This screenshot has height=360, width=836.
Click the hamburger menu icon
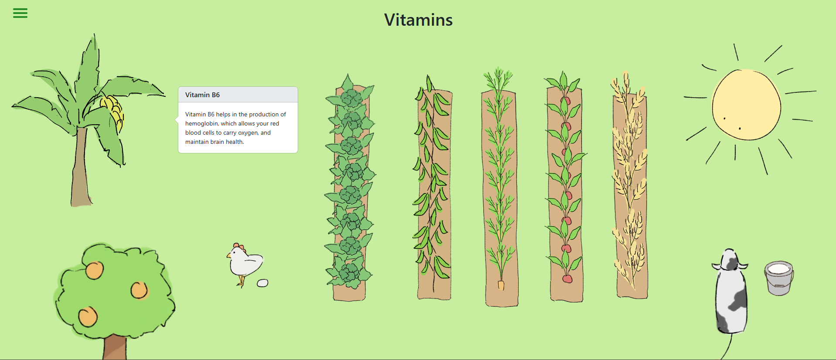point(20,13)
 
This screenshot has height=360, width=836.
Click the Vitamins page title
point(418,20)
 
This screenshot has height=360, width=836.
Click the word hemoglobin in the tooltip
point(201,123)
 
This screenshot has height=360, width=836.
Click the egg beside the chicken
point(262,283)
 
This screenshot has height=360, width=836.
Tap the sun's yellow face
point(746,105)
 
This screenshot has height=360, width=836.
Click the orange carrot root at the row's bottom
point(501,285)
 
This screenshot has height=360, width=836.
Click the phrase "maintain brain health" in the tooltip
point(214,142)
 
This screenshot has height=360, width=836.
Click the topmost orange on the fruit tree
point(94,270)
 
